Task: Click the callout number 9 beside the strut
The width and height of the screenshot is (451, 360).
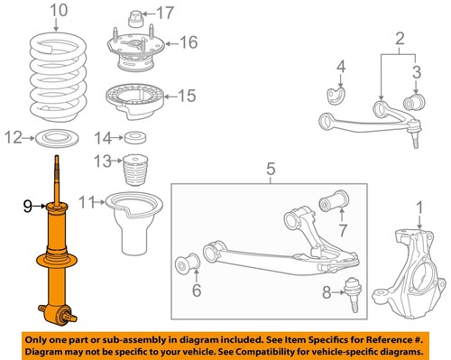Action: (x=27, y=207)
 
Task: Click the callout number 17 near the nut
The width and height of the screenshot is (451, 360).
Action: (x=164, y=13)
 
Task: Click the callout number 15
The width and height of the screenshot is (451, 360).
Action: (x=187, y=95)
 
